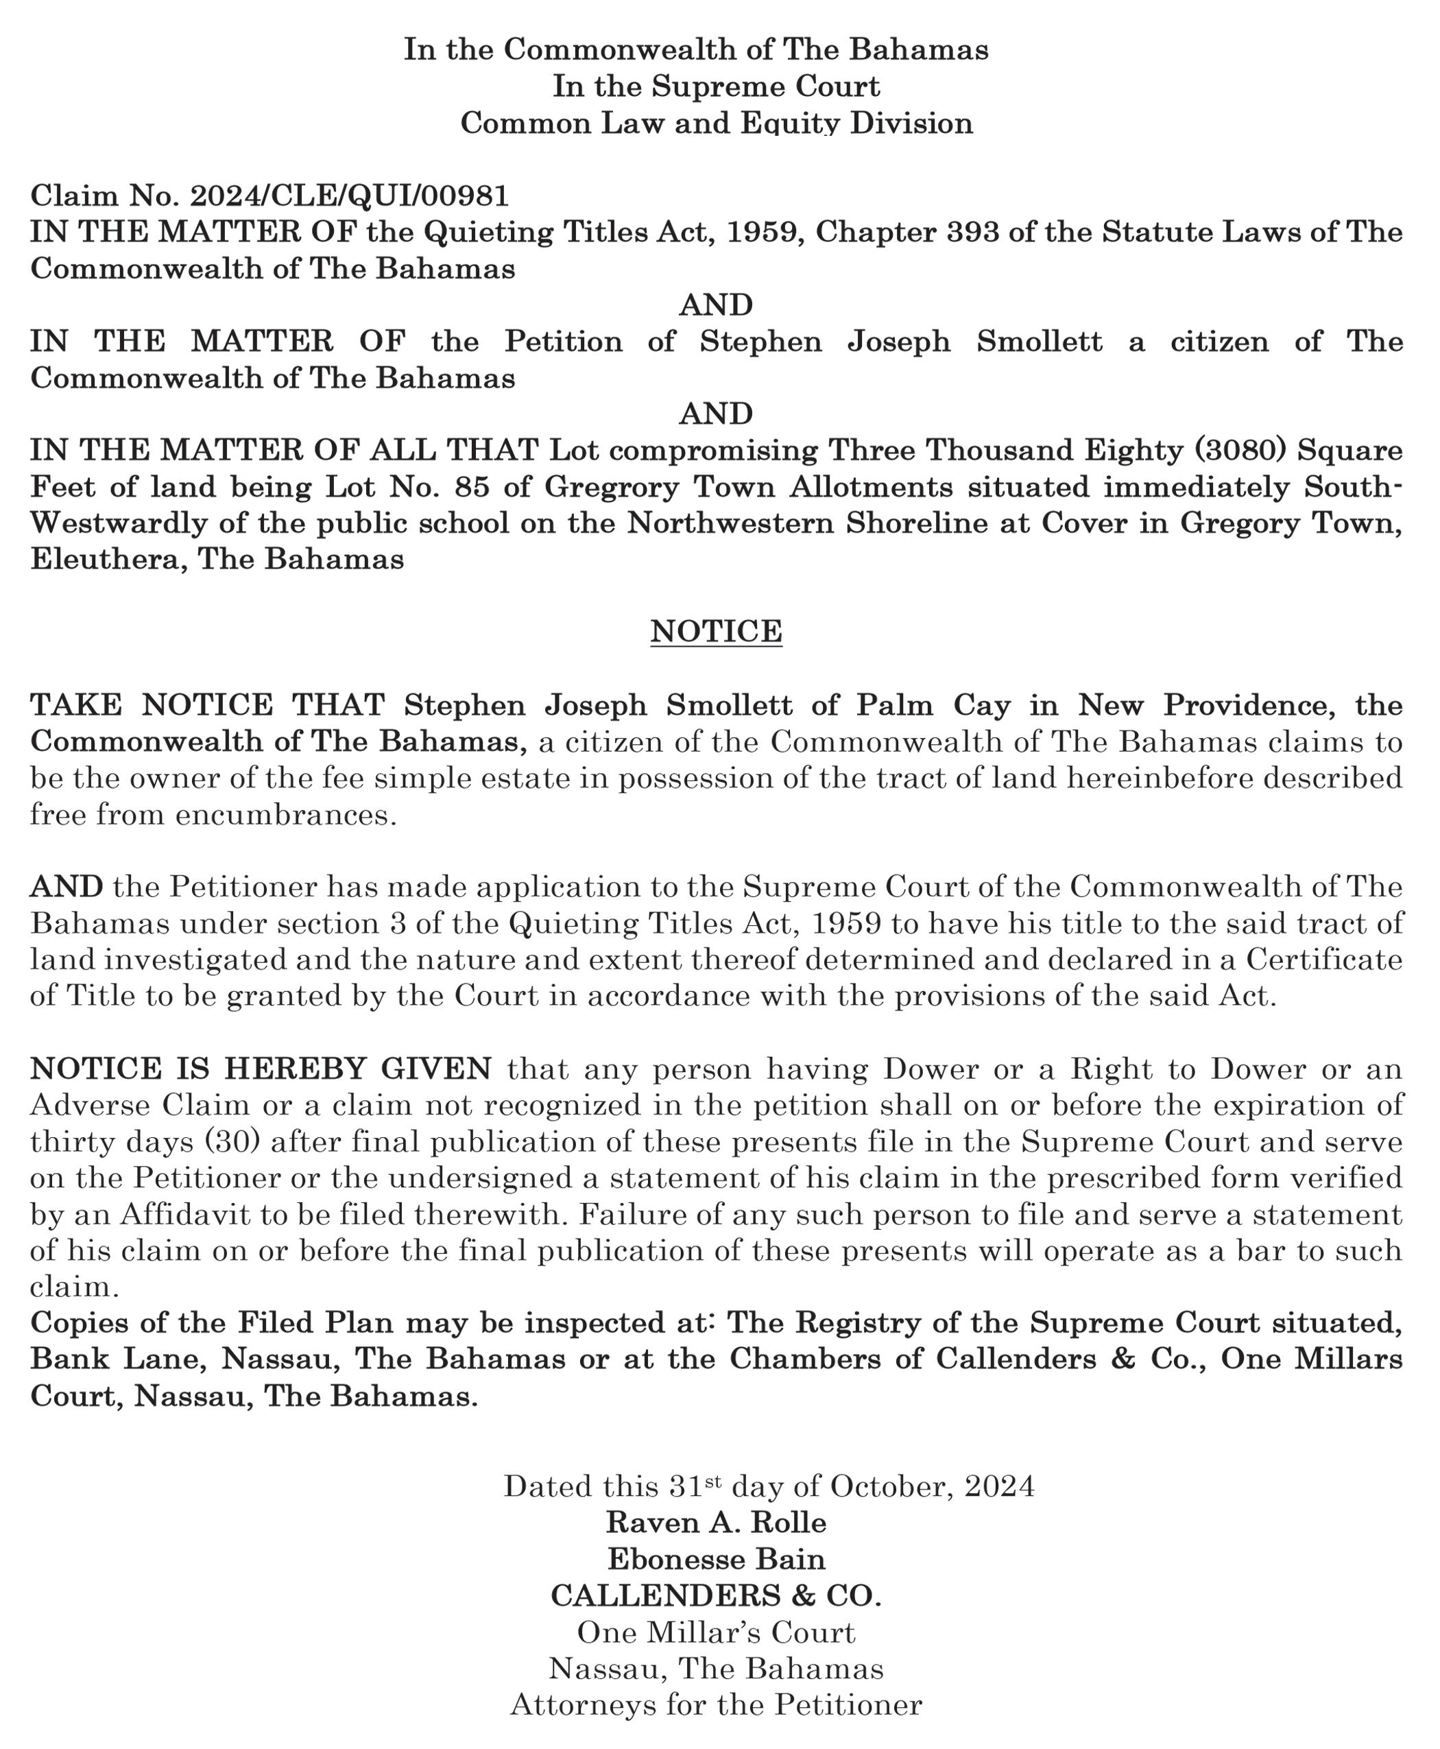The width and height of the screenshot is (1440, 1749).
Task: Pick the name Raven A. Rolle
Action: [x=716, y=1522]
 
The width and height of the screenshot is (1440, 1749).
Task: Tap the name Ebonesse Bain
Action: [x=716, y=1558]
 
